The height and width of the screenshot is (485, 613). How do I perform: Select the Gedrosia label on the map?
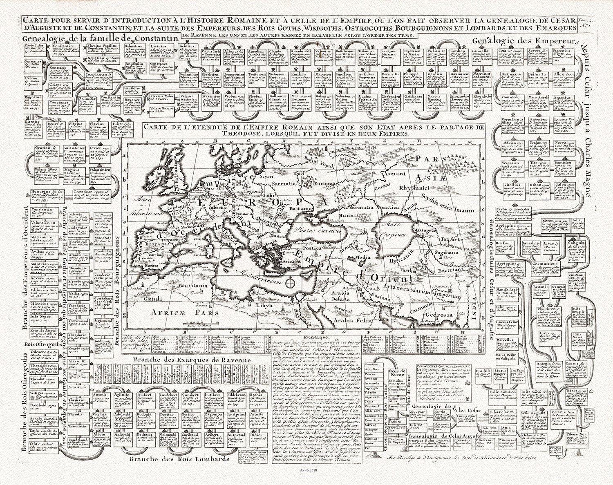coord(439,315)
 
